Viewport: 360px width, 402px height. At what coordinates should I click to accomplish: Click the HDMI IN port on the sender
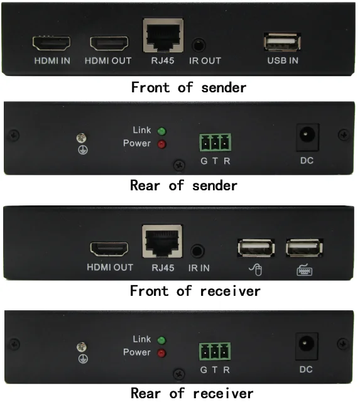pos(52,43)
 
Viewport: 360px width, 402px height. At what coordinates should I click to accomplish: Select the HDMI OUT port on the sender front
pos(109,43)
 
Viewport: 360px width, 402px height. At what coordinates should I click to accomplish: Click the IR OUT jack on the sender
pos(199,46)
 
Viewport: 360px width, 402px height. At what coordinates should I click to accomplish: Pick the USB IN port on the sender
pos(281,42)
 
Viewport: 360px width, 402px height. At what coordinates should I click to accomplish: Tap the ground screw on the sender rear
pos(80,138)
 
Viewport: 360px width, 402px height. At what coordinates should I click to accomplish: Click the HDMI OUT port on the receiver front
pos(109,248)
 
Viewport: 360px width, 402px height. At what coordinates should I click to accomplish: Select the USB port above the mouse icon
pos(256,247)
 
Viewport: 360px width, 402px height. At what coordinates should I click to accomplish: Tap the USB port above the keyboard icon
pos(304,247)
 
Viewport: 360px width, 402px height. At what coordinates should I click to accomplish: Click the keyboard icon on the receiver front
pos(305,271)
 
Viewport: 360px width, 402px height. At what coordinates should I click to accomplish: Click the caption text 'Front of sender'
pos(188,87)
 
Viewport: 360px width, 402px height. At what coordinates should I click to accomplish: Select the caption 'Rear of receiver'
pos(192,393)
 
